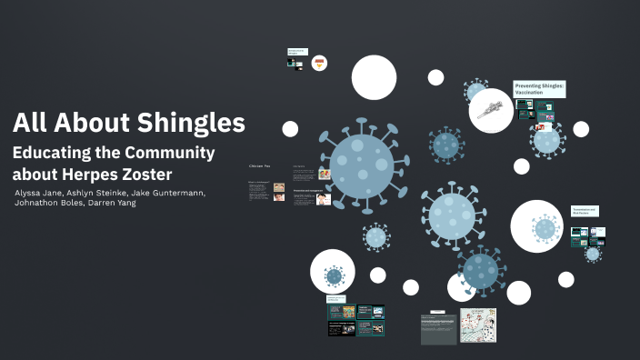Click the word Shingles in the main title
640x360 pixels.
tap(190, 124)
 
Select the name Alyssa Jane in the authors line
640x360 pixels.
tap(41, 193)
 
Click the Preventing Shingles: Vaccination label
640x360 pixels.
tap(539, 89)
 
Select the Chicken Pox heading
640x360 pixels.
tap(261, 166)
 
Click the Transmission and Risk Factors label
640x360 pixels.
tap(584, 211)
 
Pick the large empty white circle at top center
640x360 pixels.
tap(374, 77)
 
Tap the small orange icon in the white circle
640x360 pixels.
tap(319, 64)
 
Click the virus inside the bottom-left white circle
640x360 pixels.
tap(334, 275)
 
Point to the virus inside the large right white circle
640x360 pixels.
tap(544, 228)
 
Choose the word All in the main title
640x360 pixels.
tap(31, 124)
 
